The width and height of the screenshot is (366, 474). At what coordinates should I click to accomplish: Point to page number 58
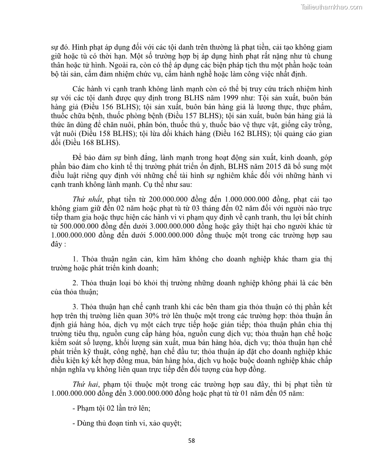[x=192, y=440]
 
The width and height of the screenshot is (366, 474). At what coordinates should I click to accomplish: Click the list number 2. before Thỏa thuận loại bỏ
[x=75, y=283]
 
